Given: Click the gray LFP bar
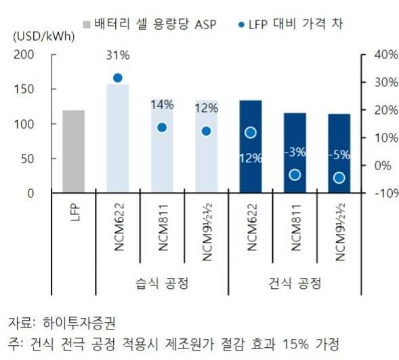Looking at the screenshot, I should (73, 151).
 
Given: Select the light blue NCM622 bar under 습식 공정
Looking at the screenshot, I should (117, 139).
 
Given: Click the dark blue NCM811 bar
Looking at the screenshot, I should (295, 153).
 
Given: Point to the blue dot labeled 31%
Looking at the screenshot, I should (117, 78).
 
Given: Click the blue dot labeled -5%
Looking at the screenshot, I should (339, 178).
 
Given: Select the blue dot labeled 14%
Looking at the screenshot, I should (162, 127).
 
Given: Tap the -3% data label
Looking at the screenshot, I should (295, 152).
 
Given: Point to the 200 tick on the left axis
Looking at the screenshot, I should (43, 54).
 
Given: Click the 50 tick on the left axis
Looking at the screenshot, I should (45, 159).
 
